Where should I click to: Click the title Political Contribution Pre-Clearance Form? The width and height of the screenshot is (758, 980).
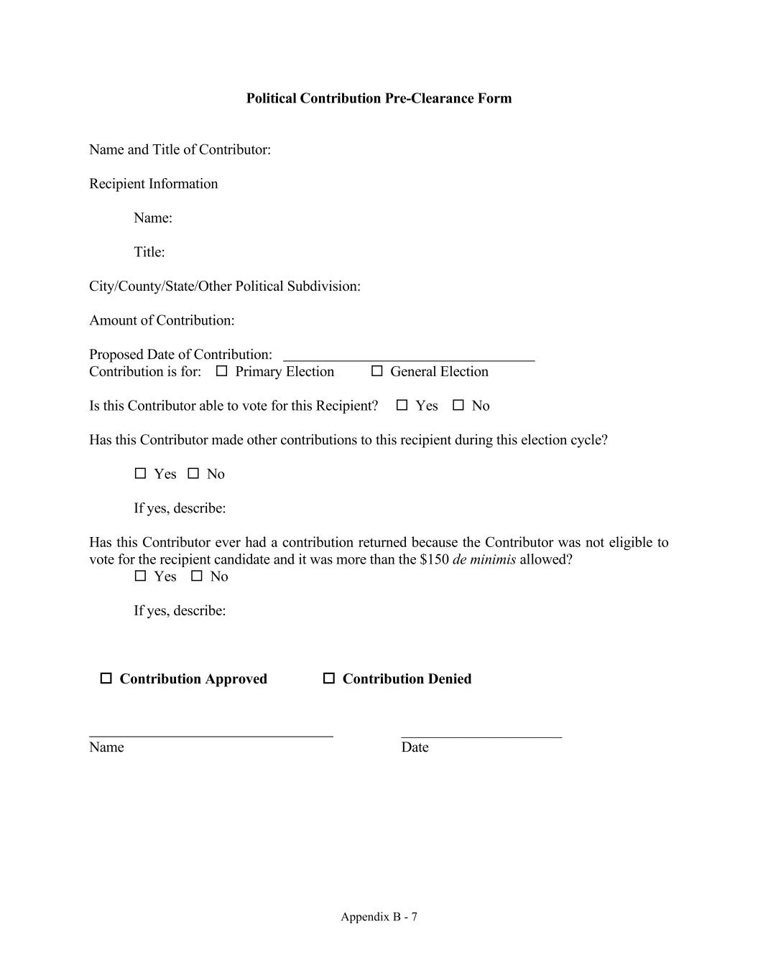[x=379, y=98]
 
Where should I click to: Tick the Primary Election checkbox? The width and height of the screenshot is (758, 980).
[x=221, y=371]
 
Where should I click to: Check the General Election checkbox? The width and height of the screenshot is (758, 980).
[x=376, y=371]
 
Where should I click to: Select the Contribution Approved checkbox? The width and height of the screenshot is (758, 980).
[x=106, y=678]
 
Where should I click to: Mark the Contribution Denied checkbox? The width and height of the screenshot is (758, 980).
[x=329, y=678]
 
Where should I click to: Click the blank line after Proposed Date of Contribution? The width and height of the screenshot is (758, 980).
[x=409, y=356]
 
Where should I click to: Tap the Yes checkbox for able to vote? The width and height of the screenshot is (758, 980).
[x=402, y=406]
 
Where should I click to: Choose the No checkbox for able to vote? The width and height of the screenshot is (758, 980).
[x=458, y=406]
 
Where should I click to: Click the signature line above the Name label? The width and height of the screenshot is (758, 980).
[x=211, y=734]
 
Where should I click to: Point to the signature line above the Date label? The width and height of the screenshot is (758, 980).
[x=481, y=734]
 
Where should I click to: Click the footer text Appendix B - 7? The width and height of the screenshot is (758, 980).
[x=379, y=917]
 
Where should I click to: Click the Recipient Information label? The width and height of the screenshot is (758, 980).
[x=153, y=184]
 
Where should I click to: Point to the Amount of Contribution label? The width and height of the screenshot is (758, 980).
[x=162, y=320]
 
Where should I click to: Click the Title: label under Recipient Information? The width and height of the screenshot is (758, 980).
[x=149, y=252]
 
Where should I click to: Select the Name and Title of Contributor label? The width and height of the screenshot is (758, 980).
[x=180, y=149]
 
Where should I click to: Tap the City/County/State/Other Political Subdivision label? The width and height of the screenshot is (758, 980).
[x=224, y=286]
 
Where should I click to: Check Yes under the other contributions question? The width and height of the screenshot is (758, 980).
[x=141, y=474]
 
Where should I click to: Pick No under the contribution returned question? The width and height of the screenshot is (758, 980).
[x=197, y=577]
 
